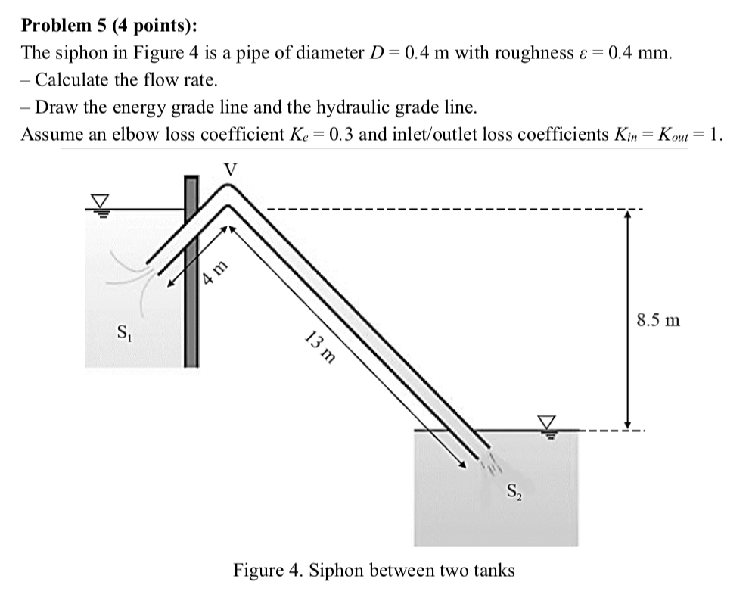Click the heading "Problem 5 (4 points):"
(110, 26)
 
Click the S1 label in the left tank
(120, 331)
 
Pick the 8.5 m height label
(657, 320)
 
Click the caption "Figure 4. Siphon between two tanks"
(374, 570)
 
